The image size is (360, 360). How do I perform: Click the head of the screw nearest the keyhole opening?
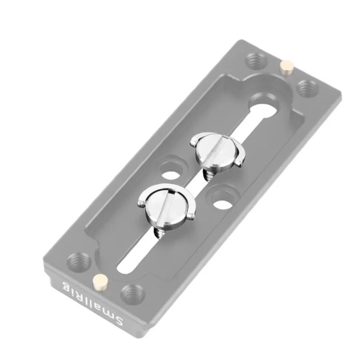(214, 147)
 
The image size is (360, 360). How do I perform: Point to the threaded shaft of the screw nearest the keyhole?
(210, 173)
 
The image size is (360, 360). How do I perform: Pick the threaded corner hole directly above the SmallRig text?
(131, 294)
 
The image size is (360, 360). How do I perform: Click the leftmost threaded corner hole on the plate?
(78, 262)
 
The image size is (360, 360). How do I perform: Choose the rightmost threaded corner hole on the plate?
(307, 89)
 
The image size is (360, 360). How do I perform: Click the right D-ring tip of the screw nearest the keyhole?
(239, 160)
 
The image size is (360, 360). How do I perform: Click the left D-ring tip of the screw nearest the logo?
(142, 202)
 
